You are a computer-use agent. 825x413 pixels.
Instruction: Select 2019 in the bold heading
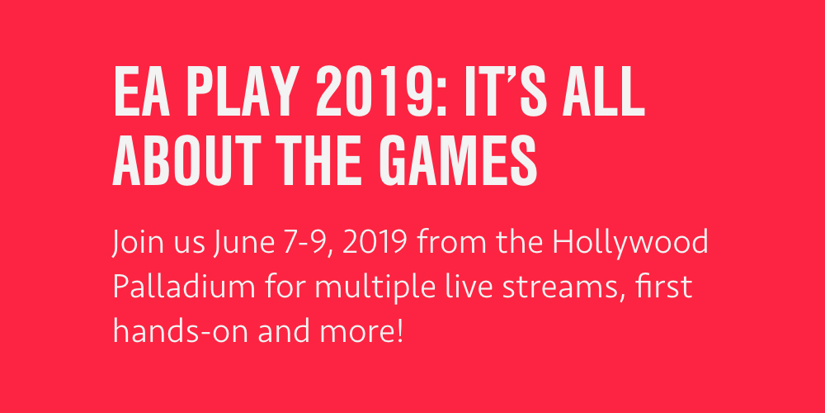[372, 92]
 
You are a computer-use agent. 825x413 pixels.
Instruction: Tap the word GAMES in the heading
[457, 160]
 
